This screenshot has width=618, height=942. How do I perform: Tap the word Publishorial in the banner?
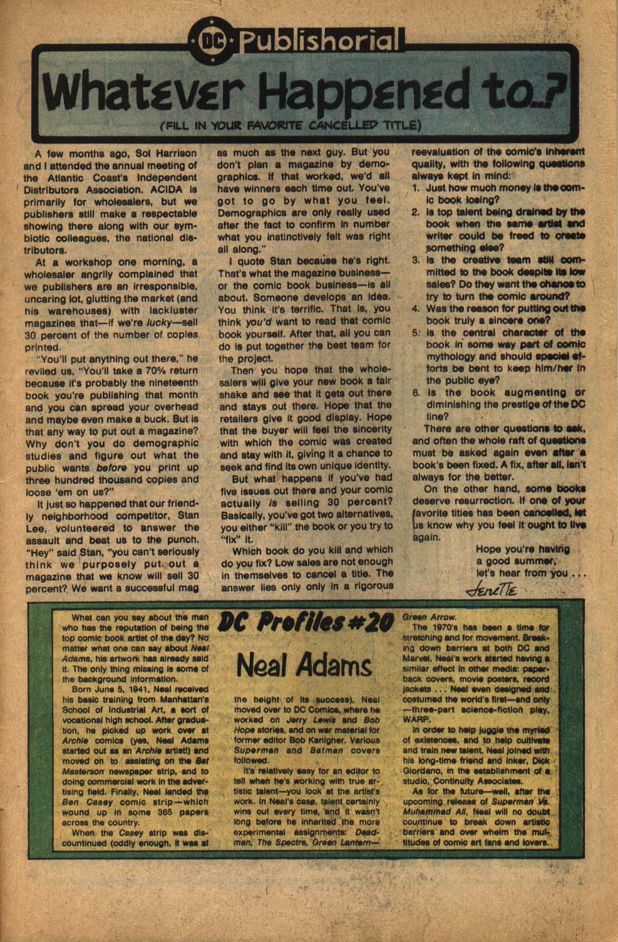click(x=319, y=42)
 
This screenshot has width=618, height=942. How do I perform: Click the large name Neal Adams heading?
click(x=305, y=666)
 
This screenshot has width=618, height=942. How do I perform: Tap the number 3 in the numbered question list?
click(x=416, y=260)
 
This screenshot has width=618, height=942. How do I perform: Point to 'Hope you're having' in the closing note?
click(x=522, y=549)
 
